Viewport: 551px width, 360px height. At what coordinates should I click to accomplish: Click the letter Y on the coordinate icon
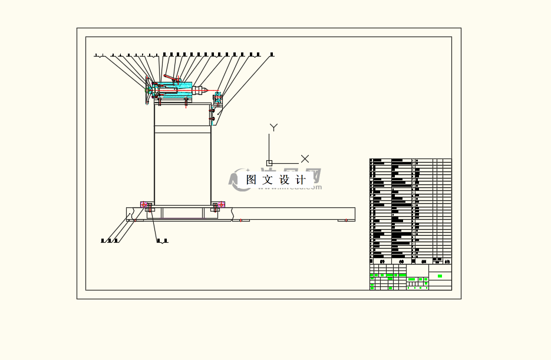point(273,127)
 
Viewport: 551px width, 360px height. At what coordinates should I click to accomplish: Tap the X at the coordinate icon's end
point(305,158)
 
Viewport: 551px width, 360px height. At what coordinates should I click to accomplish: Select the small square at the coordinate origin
point(269,163)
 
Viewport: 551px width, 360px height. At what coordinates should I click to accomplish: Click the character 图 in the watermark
point(252,180)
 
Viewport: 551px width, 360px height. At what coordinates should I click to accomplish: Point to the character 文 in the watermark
point(268,180)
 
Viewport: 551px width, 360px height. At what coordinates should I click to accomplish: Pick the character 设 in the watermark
point(285,180)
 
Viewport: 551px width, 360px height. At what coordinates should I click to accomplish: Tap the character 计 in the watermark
point(301,180)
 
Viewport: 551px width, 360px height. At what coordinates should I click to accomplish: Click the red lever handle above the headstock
point(170,77)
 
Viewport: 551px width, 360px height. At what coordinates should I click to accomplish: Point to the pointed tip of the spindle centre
point(207,90)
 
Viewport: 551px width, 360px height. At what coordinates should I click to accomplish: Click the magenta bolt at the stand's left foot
point(144,204)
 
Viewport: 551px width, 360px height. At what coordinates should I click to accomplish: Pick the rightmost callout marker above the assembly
point(272,55)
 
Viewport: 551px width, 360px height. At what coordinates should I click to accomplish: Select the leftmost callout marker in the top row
point(95,55)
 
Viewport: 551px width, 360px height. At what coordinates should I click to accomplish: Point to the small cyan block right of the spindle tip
point(219,96)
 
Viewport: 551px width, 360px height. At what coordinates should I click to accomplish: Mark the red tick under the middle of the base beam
point(240,220)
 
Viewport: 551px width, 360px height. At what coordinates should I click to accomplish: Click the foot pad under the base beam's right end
point(346,220)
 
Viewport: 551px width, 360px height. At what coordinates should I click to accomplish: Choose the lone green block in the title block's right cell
point(440,276)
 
